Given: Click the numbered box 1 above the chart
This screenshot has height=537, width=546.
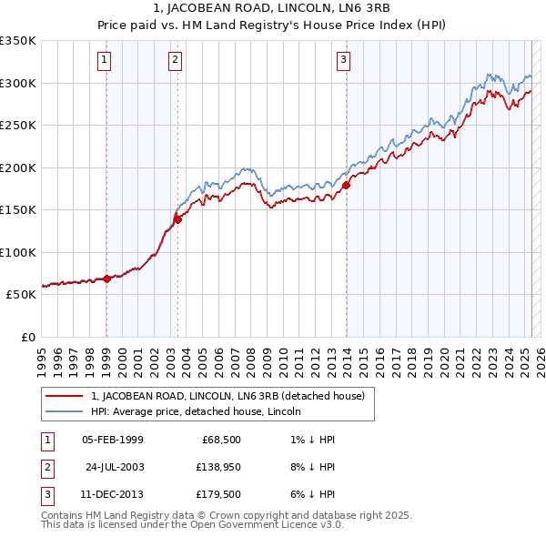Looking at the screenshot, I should coord(106,61).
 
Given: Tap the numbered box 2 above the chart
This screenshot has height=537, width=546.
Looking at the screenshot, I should coord(174,61).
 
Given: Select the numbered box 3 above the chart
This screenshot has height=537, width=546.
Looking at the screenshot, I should coord(343,61).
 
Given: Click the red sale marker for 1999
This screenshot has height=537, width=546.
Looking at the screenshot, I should coord(106,279).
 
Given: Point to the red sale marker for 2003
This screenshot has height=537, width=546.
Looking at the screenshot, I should coord(178,218).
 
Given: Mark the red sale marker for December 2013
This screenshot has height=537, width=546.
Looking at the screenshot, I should coord(347,185).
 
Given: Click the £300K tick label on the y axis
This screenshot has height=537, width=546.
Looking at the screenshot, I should coord(17,83).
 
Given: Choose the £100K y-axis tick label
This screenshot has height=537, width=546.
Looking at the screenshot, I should coord(17,252).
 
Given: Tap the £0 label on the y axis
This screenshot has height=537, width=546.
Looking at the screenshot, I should coord(26,337).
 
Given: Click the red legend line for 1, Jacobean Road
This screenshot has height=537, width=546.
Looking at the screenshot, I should coord(64,396).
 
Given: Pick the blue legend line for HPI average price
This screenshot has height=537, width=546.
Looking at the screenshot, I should coord(64,411).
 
